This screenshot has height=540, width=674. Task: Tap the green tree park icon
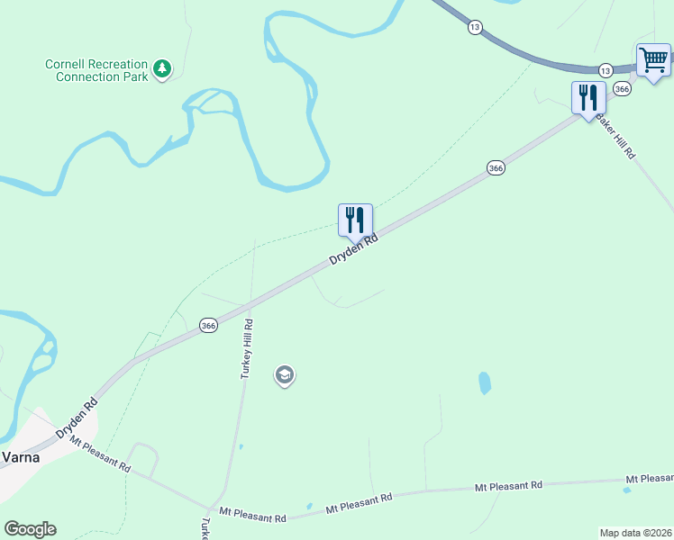coord(162,68)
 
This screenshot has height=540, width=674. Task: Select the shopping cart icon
coord(653,61)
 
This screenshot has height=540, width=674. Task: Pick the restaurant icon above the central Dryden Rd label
coord(355,219)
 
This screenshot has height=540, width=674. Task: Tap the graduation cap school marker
coord(285,374)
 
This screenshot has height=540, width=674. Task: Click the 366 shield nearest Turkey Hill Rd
coord(208,326)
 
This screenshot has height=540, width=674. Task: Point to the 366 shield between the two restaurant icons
coord(496,168)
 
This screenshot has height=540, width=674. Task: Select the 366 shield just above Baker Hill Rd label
coord(621,89)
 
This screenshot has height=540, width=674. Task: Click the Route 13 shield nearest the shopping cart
coord(605,70)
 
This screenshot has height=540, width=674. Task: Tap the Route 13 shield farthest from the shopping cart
coord(474,27)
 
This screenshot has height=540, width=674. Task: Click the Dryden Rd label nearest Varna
coord(77,419)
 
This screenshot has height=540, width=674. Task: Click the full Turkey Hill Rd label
coord(247,349)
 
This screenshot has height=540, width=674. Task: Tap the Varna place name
coord(19,455)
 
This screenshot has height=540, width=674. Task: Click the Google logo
coord(30,529)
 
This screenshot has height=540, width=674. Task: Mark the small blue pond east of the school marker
coord(485,382)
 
